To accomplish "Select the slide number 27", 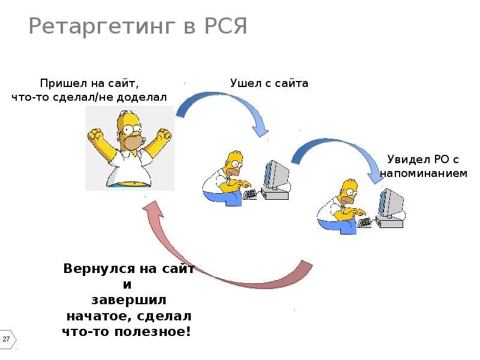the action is point(7,340).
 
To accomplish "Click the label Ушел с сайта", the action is point(269,83).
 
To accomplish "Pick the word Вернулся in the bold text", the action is point(94,269).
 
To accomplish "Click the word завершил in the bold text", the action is point(129,300).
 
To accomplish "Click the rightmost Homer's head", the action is point(348,191).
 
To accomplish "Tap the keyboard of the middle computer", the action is point(249,194).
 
